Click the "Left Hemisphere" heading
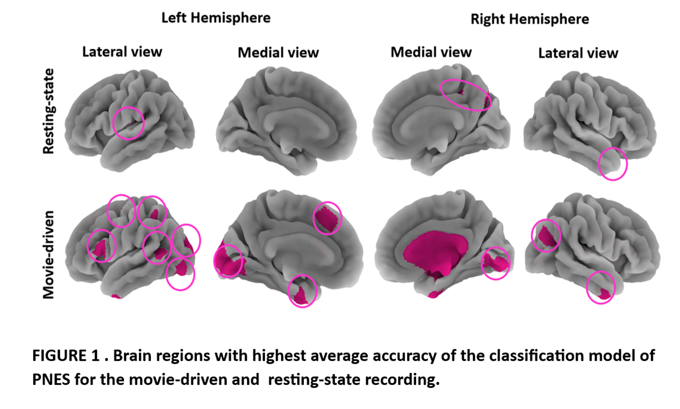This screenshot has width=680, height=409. (x=216, y=18)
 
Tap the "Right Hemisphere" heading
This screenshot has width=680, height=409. (x=530, y=19)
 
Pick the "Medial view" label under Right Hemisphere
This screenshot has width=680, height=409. (x=431, y=52)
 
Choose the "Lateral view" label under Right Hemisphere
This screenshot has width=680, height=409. (x=578, y=53)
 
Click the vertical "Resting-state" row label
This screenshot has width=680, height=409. (x=49, y=111)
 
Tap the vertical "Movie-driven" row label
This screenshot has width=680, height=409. (x=49, y=255)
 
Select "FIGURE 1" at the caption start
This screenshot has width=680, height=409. (x=66, y=355)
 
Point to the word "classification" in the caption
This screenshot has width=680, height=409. (x=537, y=355)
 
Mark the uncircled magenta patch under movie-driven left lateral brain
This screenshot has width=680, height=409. (x=117, y=296)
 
